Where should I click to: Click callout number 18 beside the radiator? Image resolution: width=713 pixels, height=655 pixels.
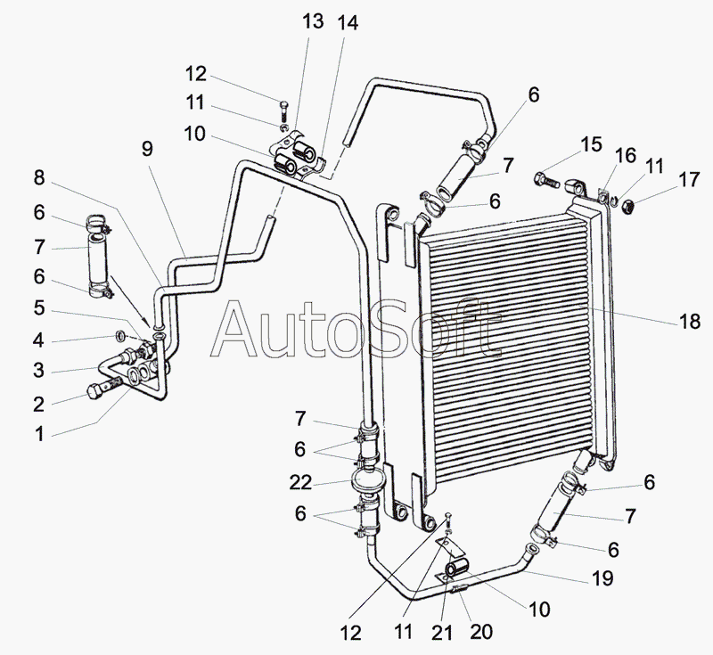click(690, 321)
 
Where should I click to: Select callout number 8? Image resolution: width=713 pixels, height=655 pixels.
click(38, 177)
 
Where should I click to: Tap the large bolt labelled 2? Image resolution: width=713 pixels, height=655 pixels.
click(95, 390)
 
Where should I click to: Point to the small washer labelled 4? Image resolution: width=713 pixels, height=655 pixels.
click(119, 336)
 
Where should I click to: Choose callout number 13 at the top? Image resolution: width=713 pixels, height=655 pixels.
click(314, 21)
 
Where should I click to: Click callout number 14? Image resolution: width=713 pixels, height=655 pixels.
click(348, 25)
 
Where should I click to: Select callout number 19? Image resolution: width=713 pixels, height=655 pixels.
click(603, 578)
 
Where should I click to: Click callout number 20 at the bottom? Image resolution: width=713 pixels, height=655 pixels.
click(481, 631)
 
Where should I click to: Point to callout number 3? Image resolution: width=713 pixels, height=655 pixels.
click(38, 370)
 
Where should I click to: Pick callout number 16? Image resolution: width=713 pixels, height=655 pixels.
click(625, 157)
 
